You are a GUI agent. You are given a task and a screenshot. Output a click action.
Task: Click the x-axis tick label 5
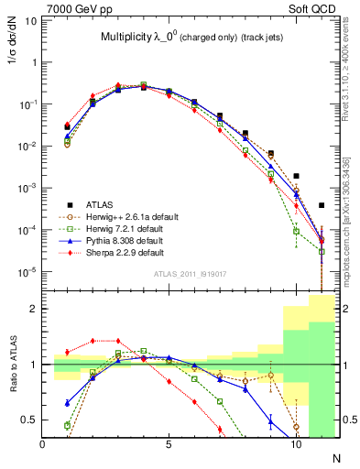(169, 444)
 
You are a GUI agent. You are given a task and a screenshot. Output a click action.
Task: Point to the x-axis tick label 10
(295, 444)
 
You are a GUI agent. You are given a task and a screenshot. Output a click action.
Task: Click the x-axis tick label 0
(43, 444)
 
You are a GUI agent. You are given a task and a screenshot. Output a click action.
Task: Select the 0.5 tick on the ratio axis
(32, 420)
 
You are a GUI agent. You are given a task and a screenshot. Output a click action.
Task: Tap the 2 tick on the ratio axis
(36, 310)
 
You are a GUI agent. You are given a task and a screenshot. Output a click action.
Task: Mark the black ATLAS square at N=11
(322, 206)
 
